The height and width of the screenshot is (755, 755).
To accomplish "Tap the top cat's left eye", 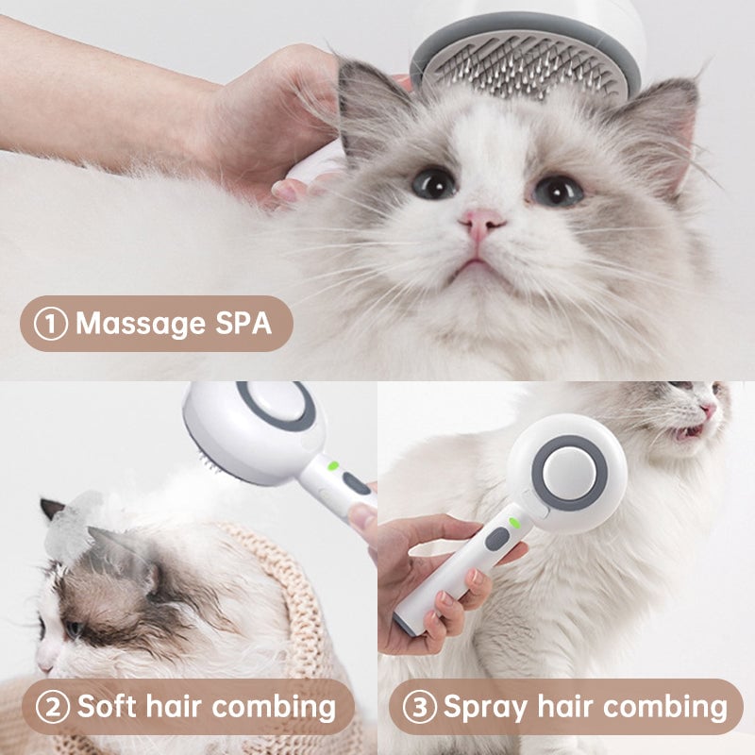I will [x=434, y=182].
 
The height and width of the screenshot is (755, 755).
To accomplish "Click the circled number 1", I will [x=50, y=324].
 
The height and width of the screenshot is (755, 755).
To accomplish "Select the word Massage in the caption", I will [x=139, y=324].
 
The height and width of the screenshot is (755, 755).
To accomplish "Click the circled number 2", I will [x=53, y=706].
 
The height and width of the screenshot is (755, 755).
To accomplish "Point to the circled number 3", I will [x=419, y=706].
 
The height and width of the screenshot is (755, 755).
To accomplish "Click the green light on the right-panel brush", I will [x=513, y=522].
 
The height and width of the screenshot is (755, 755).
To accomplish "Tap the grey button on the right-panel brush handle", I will [x=496, y=539].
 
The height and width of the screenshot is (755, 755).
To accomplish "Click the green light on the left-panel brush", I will [x=332, y=464].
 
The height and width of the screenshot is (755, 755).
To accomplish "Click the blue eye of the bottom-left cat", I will [x=73, y=629].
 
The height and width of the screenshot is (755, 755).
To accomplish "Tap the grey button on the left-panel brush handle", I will [x=356, y=483].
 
